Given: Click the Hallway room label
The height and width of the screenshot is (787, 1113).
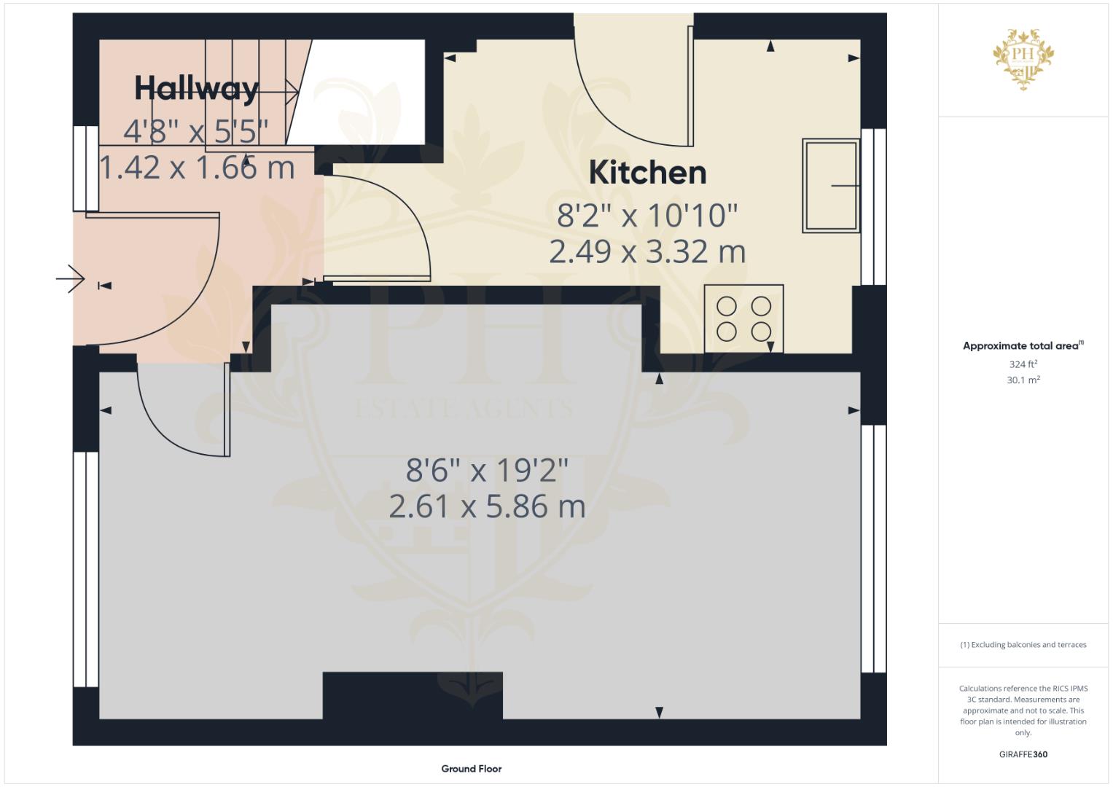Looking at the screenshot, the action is pos(197,89).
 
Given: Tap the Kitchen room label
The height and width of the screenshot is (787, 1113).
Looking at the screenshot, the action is pos(647,173).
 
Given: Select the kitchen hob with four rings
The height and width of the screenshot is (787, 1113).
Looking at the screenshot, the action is pos(743,318).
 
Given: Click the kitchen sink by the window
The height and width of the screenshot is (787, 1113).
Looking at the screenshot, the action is pos(831,185).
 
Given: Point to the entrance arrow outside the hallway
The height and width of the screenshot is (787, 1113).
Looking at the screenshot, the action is pos(70,278).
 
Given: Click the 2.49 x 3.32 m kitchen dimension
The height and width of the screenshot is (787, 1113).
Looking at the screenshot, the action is pos(647,252).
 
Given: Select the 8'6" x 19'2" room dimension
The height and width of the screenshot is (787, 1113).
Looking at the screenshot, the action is pos(487,470).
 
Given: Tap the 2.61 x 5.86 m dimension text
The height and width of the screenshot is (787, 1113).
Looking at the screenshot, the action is pos(487,506).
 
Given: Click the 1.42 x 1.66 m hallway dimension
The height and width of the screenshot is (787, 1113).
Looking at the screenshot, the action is pos(198,167).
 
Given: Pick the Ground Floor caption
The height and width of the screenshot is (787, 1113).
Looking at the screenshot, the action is pos(472,769).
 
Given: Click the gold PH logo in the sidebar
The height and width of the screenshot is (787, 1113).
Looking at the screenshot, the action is pos(1023,59).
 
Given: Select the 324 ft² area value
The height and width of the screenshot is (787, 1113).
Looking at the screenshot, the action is pos(1023,364).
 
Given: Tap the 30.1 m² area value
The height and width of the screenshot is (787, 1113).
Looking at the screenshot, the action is pos(1023,380).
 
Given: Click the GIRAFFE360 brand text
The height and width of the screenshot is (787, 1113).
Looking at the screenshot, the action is pos(1023,754).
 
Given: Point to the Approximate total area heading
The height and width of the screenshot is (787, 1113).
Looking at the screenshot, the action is pos(1023,346).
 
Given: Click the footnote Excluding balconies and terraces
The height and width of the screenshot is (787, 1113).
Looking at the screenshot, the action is pos(1023,645).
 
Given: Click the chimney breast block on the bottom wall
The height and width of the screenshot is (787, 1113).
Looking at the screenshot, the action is pos(413,696).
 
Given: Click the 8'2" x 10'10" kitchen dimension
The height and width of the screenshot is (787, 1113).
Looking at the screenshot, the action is pos(647,216).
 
